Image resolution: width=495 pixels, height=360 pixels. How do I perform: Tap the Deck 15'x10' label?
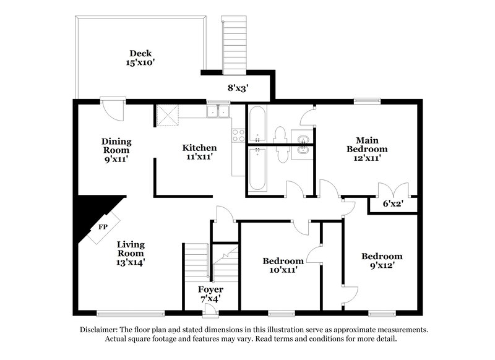(x=140, y=58)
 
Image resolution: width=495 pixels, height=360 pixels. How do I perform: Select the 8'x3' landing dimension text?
(x=237, y=88)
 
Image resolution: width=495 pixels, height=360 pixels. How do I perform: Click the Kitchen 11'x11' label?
(x=199, y=153)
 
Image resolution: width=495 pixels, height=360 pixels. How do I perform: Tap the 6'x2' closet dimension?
(x=392, y=203)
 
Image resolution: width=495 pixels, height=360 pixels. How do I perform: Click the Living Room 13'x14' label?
(x=131, y=253)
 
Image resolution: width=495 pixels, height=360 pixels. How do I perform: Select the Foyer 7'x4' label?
(x=210, y=294)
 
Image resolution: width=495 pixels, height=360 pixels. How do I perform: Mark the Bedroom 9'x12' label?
(x=382, y=261)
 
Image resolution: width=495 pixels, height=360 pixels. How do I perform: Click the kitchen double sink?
(x=218, y=111)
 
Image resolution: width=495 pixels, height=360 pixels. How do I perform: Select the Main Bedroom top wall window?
(x=366, y=100)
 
